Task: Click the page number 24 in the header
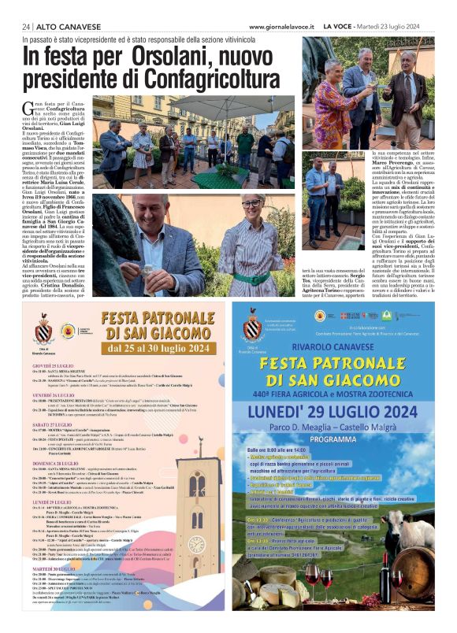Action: click(x=27, y=26)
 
